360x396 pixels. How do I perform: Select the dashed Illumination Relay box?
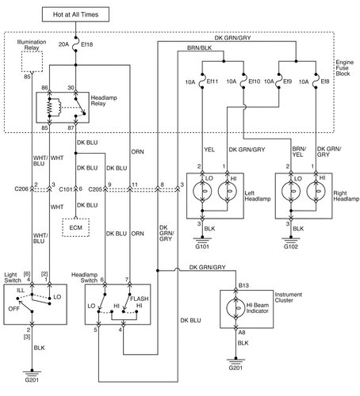click(32, 57)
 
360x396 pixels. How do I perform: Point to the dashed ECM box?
click(76, 227)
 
